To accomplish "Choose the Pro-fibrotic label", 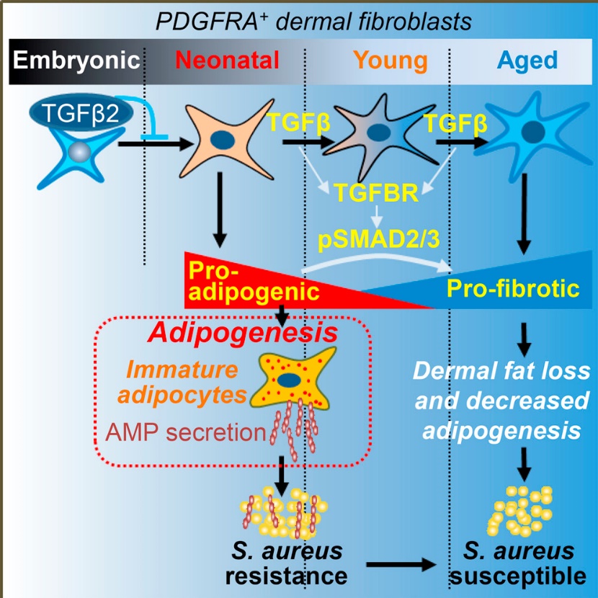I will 513,288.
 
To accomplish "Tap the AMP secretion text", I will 183,432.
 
